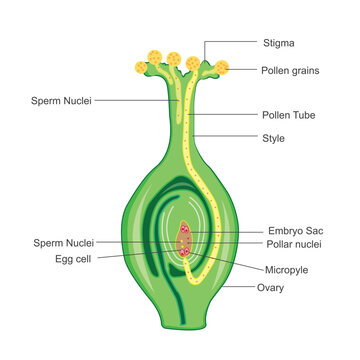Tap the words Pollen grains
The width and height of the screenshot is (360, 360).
click(x=289, y=70)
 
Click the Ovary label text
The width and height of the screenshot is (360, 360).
click(x=270, y=288)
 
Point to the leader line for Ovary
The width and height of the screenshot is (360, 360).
click(x=238, y=285)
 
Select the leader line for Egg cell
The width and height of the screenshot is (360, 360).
click(x=130, y=254)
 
